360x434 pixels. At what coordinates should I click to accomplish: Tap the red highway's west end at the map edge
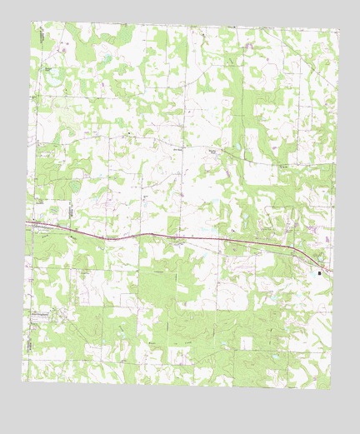pyautogui.click(x=27, y=222)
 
